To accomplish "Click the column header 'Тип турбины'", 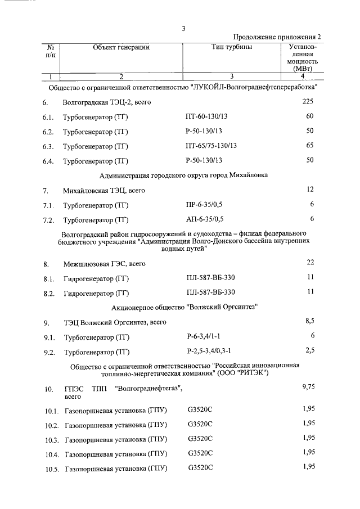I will coord(232,47).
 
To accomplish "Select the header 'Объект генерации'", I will coord(121,47).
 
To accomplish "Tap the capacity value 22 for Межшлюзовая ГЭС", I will coord(309,263).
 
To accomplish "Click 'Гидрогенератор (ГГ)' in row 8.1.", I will coord(97,278).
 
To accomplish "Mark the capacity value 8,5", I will coord(309,321).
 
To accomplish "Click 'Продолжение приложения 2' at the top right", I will coord(276,37).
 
